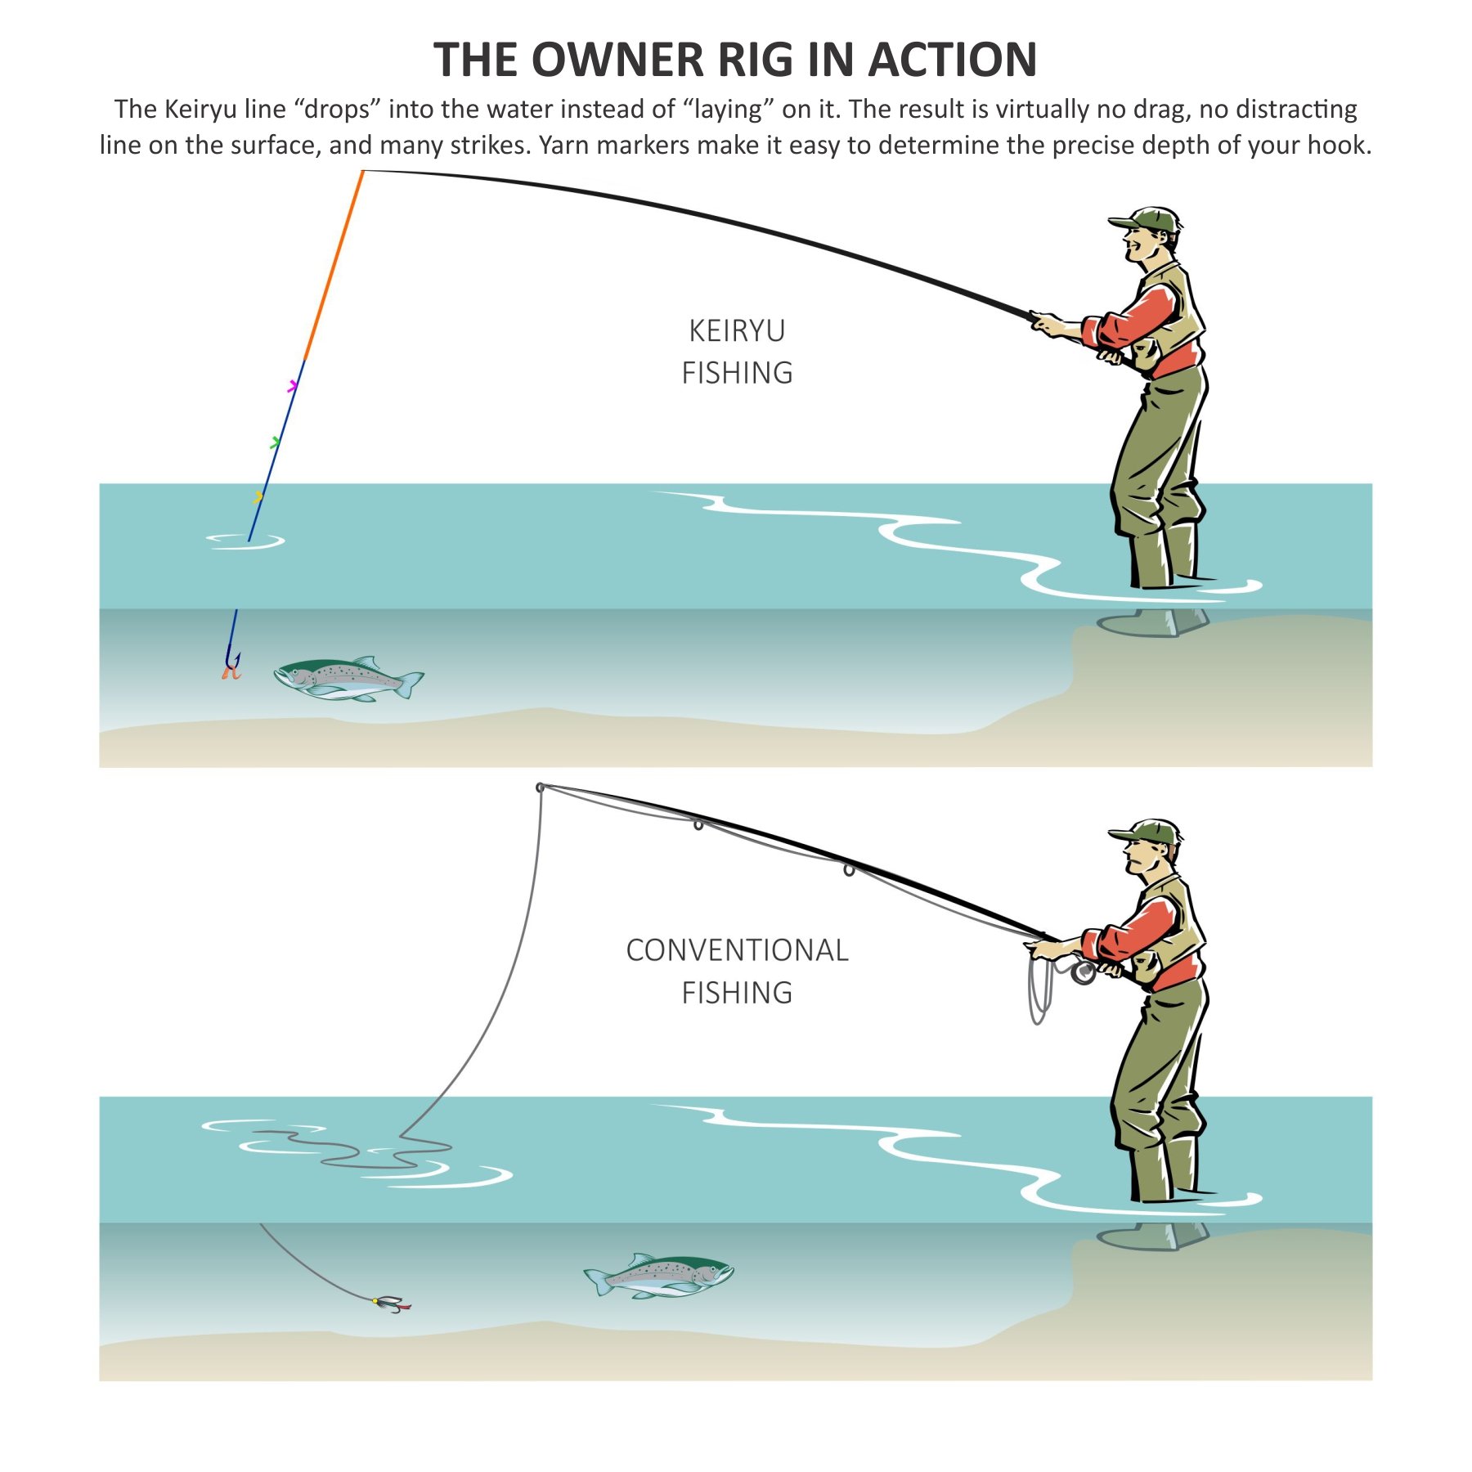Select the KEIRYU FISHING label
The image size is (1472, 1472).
pyautogui.click(x=737, y=352)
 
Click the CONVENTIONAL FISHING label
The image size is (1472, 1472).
pyautogui.click(x=737, y=971)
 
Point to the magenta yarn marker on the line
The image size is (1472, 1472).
pyautogui.click(x=293, y=386)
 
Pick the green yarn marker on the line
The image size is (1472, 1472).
pyautogui.click(x=276, y=442)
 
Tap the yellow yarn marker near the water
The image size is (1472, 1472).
pyautogui.click(x=258, y=496)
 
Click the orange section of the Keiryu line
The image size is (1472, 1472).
pyautogui.click(x=334, y=266)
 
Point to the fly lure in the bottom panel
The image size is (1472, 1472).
pyautogui.click(x=391, y=1303)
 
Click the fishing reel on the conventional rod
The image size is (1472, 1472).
pyautogui.click(x=1083, y=972)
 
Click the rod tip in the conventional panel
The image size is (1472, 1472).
pyautogui.click(x=541, y=788)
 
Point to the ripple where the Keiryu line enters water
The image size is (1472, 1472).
pyautogui.click(x=245, y=541)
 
